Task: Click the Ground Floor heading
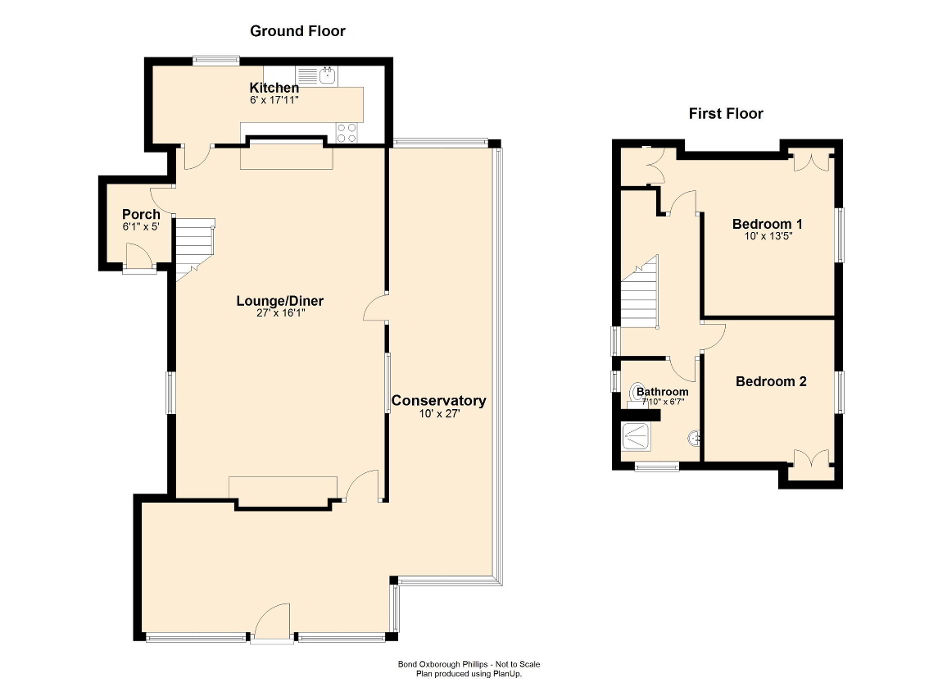[297, 31]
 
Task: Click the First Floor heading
[726, 113]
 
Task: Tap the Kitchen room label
[274, 88]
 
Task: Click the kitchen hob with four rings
[347, 132]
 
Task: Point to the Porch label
[141, 214]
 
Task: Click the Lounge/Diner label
[280, 301]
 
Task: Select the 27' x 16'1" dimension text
[280, 313]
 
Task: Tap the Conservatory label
[438, 401]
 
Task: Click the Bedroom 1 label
[767, 223]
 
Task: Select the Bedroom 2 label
[771, 381]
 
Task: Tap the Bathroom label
[662, 391]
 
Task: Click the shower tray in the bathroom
[635, 438]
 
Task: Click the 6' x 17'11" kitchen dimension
[274, 100]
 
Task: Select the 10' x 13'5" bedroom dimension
[767, 236]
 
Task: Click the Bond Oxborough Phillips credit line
[469, 664]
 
